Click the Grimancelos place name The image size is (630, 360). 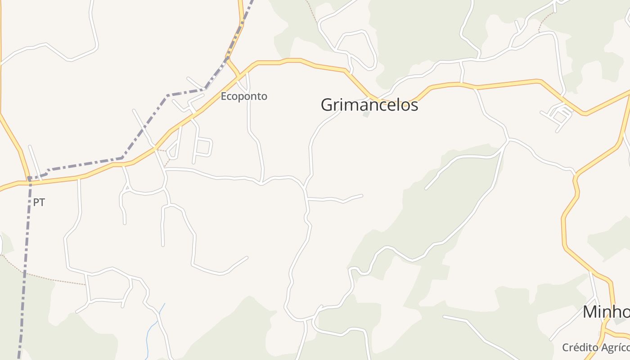click(x=369, y=105)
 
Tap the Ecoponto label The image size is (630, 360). click(x=243, y=96)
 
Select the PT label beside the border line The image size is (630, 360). click(x=39, y=202)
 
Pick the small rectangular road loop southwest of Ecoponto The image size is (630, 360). click(x=203, y=147)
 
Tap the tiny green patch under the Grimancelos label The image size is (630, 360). click(x=367, y=114)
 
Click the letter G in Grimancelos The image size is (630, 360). click(x=327, y=105)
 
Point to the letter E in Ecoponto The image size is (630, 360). click(x=224, y=96)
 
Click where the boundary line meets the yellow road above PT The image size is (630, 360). click(x=29, y=179)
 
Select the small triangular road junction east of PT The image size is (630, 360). click(x=126, y=187)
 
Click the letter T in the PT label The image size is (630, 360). click(x=42, y=202)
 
